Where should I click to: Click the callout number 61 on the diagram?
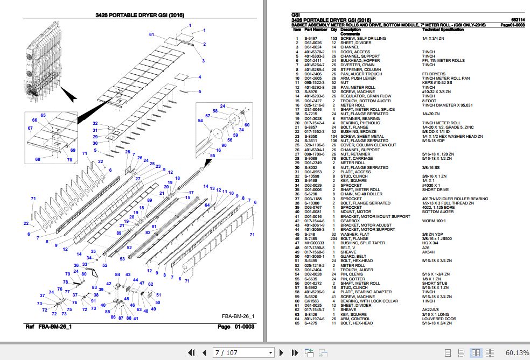click(x=152, y=34)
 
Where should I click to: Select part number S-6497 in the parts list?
click(x=311, y=38)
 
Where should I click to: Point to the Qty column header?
click(x=333, y=30)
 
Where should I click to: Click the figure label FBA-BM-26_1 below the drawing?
click(x=238, y=315)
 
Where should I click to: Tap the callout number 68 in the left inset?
click(x=38, y=159)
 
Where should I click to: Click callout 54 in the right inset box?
click(x=200, y=121)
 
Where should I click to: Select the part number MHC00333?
click(x=313, y=243)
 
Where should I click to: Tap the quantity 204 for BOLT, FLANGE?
click(x=333, y=238)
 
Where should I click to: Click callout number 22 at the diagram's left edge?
click(x=26, y=223)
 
